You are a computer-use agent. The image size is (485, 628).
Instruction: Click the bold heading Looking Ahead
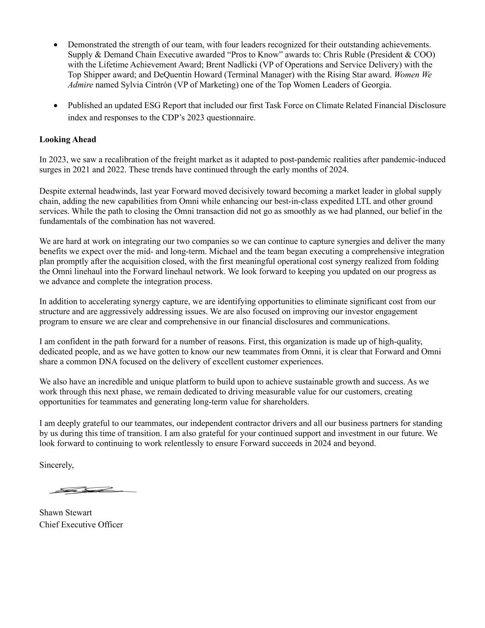pyautogui.click(x=68, y=139)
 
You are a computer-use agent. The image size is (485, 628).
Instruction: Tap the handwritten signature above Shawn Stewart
pyautogui.click(x=92, y=490)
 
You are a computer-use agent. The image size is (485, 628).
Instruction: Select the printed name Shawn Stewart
pyautogui.click(x=65, y=513)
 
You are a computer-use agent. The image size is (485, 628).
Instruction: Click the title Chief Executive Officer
pyautogui.click(x=81, y=524)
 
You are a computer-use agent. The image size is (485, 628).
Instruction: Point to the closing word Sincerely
pyautogui.click(x=56, y=465)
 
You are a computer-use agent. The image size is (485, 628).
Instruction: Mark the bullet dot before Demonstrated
pyautogui.click(x=56, y=45)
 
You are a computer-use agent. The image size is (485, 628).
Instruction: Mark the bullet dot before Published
pyautogui.click(x=56, y=106)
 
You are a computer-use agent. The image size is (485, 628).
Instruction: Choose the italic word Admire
pyautogui.click(x=80, y=85)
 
